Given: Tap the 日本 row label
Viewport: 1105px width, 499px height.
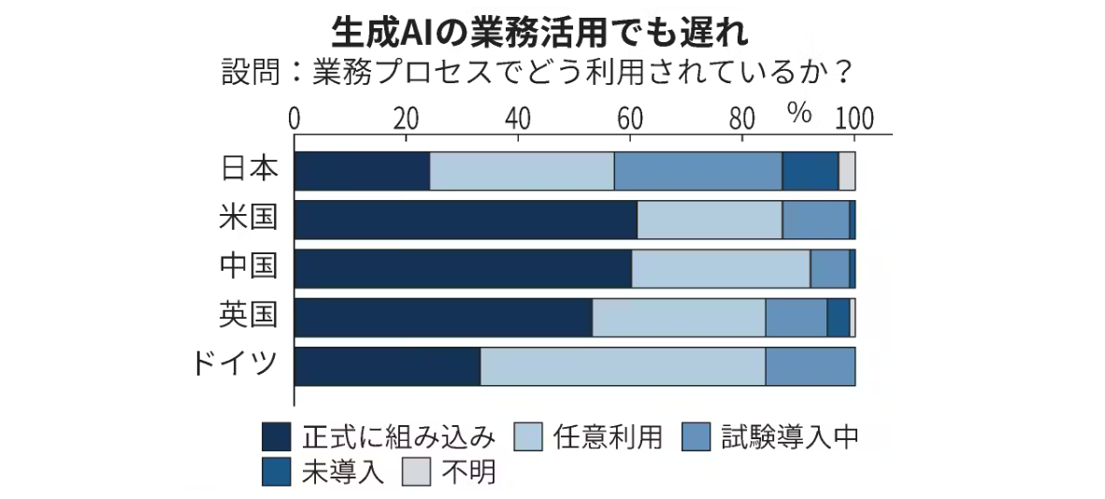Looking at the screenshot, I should coord(250,169).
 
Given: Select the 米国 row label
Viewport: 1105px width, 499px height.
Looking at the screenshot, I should coord(250,219).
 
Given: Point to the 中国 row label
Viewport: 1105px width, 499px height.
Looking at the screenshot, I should coord(250,267).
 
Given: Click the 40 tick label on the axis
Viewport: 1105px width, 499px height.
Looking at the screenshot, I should coord(517,119).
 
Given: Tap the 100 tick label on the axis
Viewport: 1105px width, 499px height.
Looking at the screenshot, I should coord(854,119).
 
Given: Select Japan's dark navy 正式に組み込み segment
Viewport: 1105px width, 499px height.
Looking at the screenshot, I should coord(362,170).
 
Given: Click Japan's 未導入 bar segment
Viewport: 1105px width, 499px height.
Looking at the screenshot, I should coord(810,170).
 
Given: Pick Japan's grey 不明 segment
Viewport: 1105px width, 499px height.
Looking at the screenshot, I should coord(847,170).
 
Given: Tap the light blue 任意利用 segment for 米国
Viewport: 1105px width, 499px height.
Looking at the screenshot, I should coord(710,219).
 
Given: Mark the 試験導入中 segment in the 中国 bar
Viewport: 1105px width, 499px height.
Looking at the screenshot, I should coord(829,268).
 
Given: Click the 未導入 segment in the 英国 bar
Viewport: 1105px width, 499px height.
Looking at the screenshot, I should coord(838,317).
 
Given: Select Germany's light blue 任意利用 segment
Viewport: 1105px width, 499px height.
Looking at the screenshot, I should coord(623,366).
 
